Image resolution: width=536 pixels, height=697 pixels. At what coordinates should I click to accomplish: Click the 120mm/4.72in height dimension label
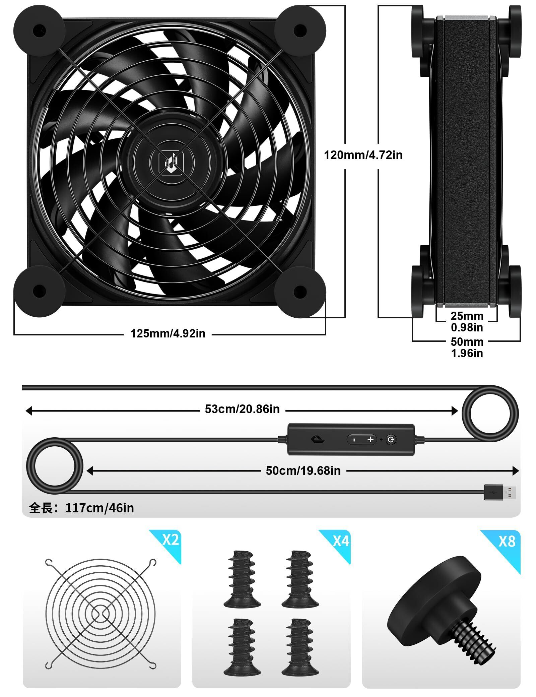coord(363,155)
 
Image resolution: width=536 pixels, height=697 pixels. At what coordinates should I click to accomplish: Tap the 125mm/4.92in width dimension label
coord(168,333)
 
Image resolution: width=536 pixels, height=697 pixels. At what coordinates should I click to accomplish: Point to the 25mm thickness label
coord(467,316)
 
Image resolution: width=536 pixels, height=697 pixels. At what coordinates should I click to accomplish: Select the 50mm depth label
coord(467,342)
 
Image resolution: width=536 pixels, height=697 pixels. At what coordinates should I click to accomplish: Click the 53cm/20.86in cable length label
coord(242,409)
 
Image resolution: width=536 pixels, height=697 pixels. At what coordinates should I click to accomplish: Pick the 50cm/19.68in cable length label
coord(303,471)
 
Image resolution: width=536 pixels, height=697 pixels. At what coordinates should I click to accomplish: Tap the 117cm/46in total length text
coord(99,508)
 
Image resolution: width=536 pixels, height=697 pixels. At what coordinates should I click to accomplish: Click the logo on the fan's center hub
coord(171,163)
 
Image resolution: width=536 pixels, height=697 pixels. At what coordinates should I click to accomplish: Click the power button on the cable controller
coord(391,439)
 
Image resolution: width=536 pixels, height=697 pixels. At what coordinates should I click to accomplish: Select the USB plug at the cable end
coord(500,492)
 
